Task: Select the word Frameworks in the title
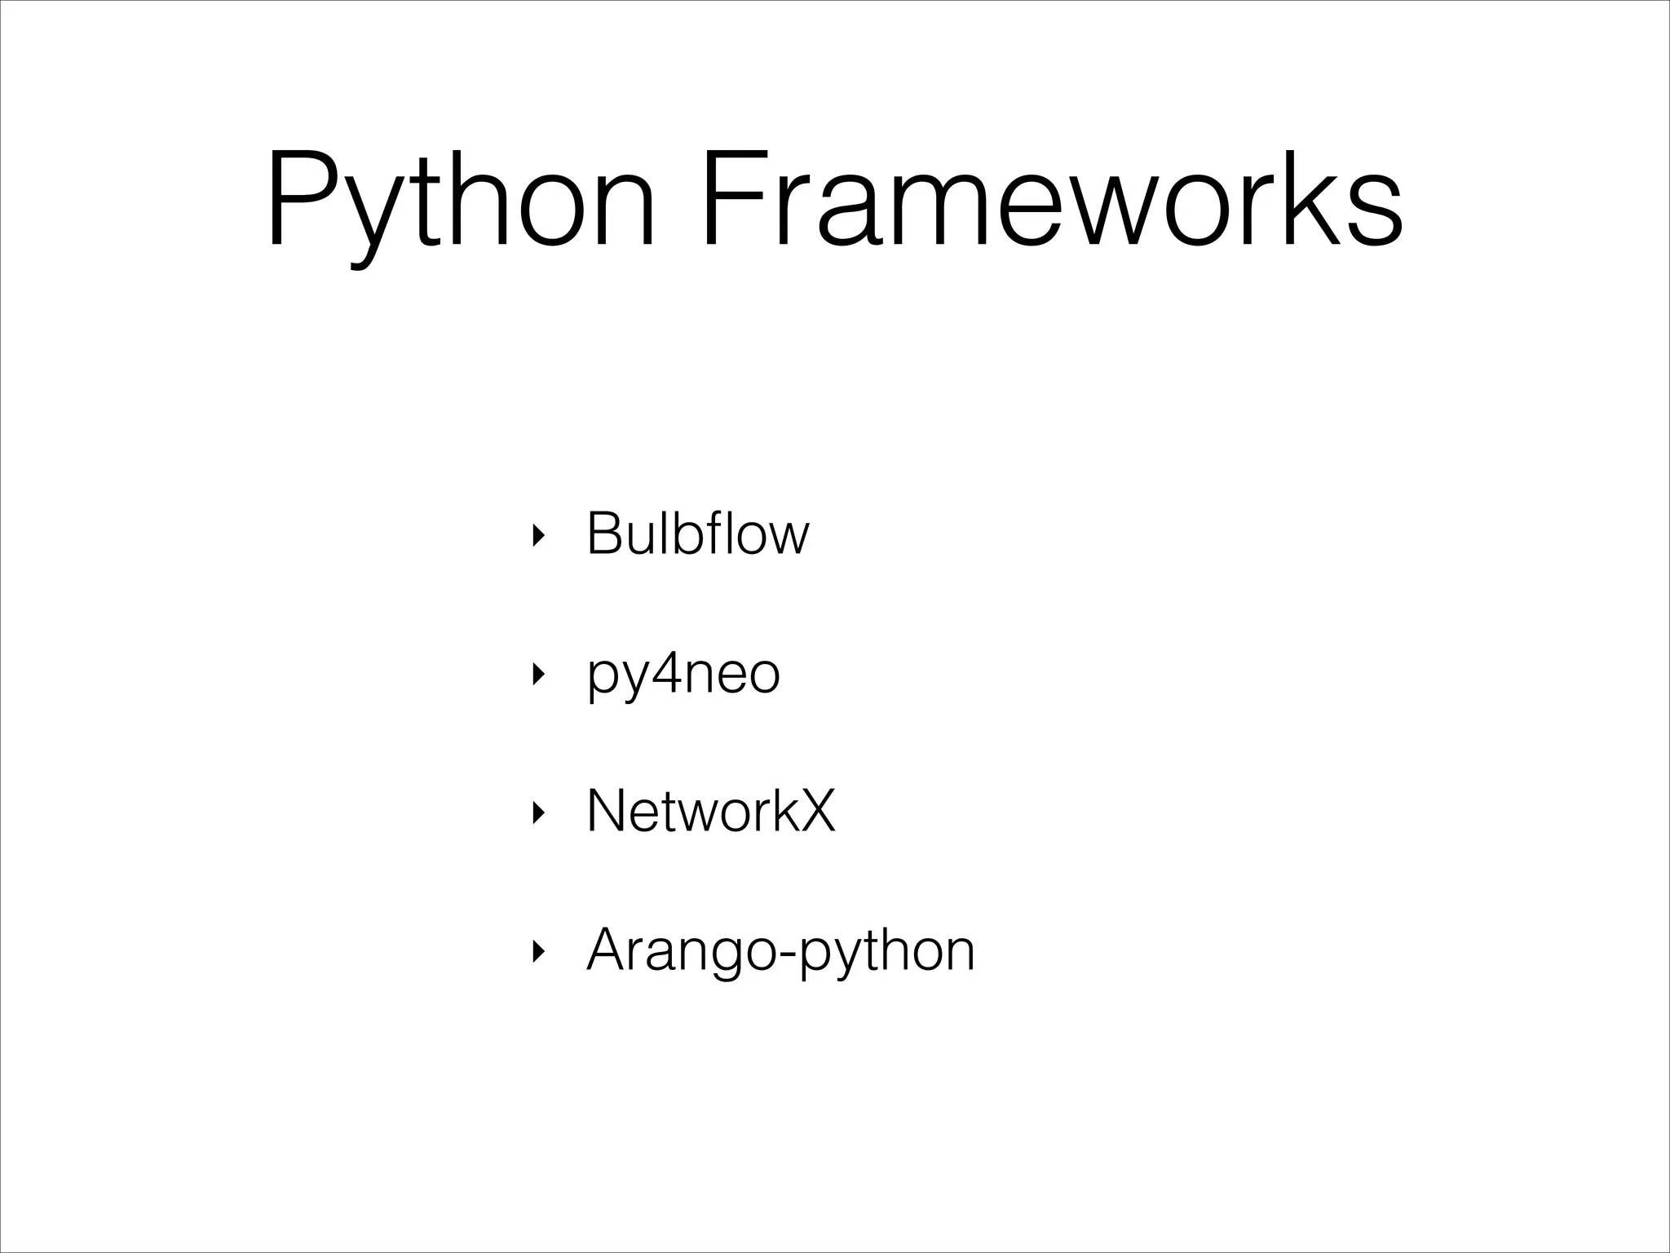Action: pos(1052,200)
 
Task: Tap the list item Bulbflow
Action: pos(698,534)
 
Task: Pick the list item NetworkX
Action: pos(711,812)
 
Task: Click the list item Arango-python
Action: pos(780,950)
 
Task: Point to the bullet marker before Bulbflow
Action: pos(536,536)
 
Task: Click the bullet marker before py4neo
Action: pos(536,675)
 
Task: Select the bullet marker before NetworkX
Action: pos(536,812)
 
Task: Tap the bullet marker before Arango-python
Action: pos(536,951)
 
